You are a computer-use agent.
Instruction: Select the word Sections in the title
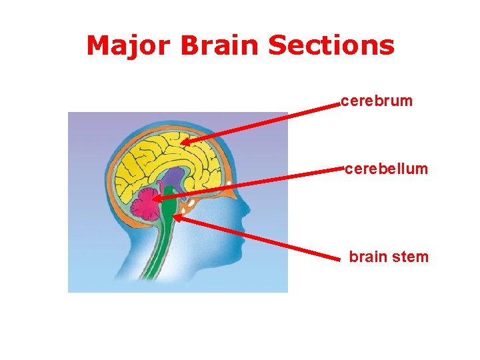[x=331, y=45]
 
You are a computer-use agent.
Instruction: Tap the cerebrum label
[x=377, y=101]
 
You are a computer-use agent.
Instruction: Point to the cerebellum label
[x=386, y=169]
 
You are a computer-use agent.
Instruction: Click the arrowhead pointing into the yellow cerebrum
[x=184, y=141]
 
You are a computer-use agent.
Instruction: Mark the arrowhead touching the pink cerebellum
[x=157, y=198]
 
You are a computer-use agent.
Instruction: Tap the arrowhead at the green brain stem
[x=179, y=216]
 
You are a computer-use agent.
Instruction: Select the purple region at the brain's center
[x=173, y=177]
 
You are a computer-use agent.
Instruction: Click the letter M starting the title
[x=98, y=45]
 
